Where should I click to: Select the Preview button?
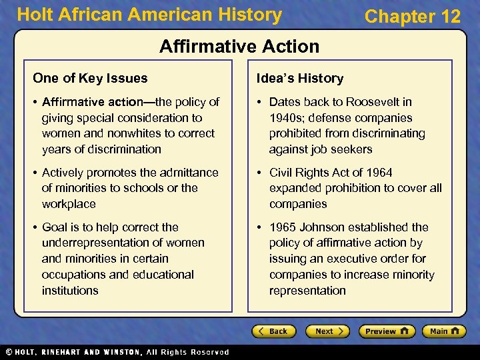[387, 331]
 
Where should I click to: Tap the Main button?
[447, 331]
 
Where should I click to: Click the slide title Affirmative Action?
[239, 46]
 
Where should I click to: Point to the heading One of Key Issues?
[90, 78]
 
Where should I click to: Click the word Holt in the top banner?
[33, 15]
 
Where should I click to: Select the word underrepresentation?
[123, 243]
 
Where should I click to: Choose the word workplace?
[69, 204]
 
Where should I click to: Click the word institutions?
[70, 291]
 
